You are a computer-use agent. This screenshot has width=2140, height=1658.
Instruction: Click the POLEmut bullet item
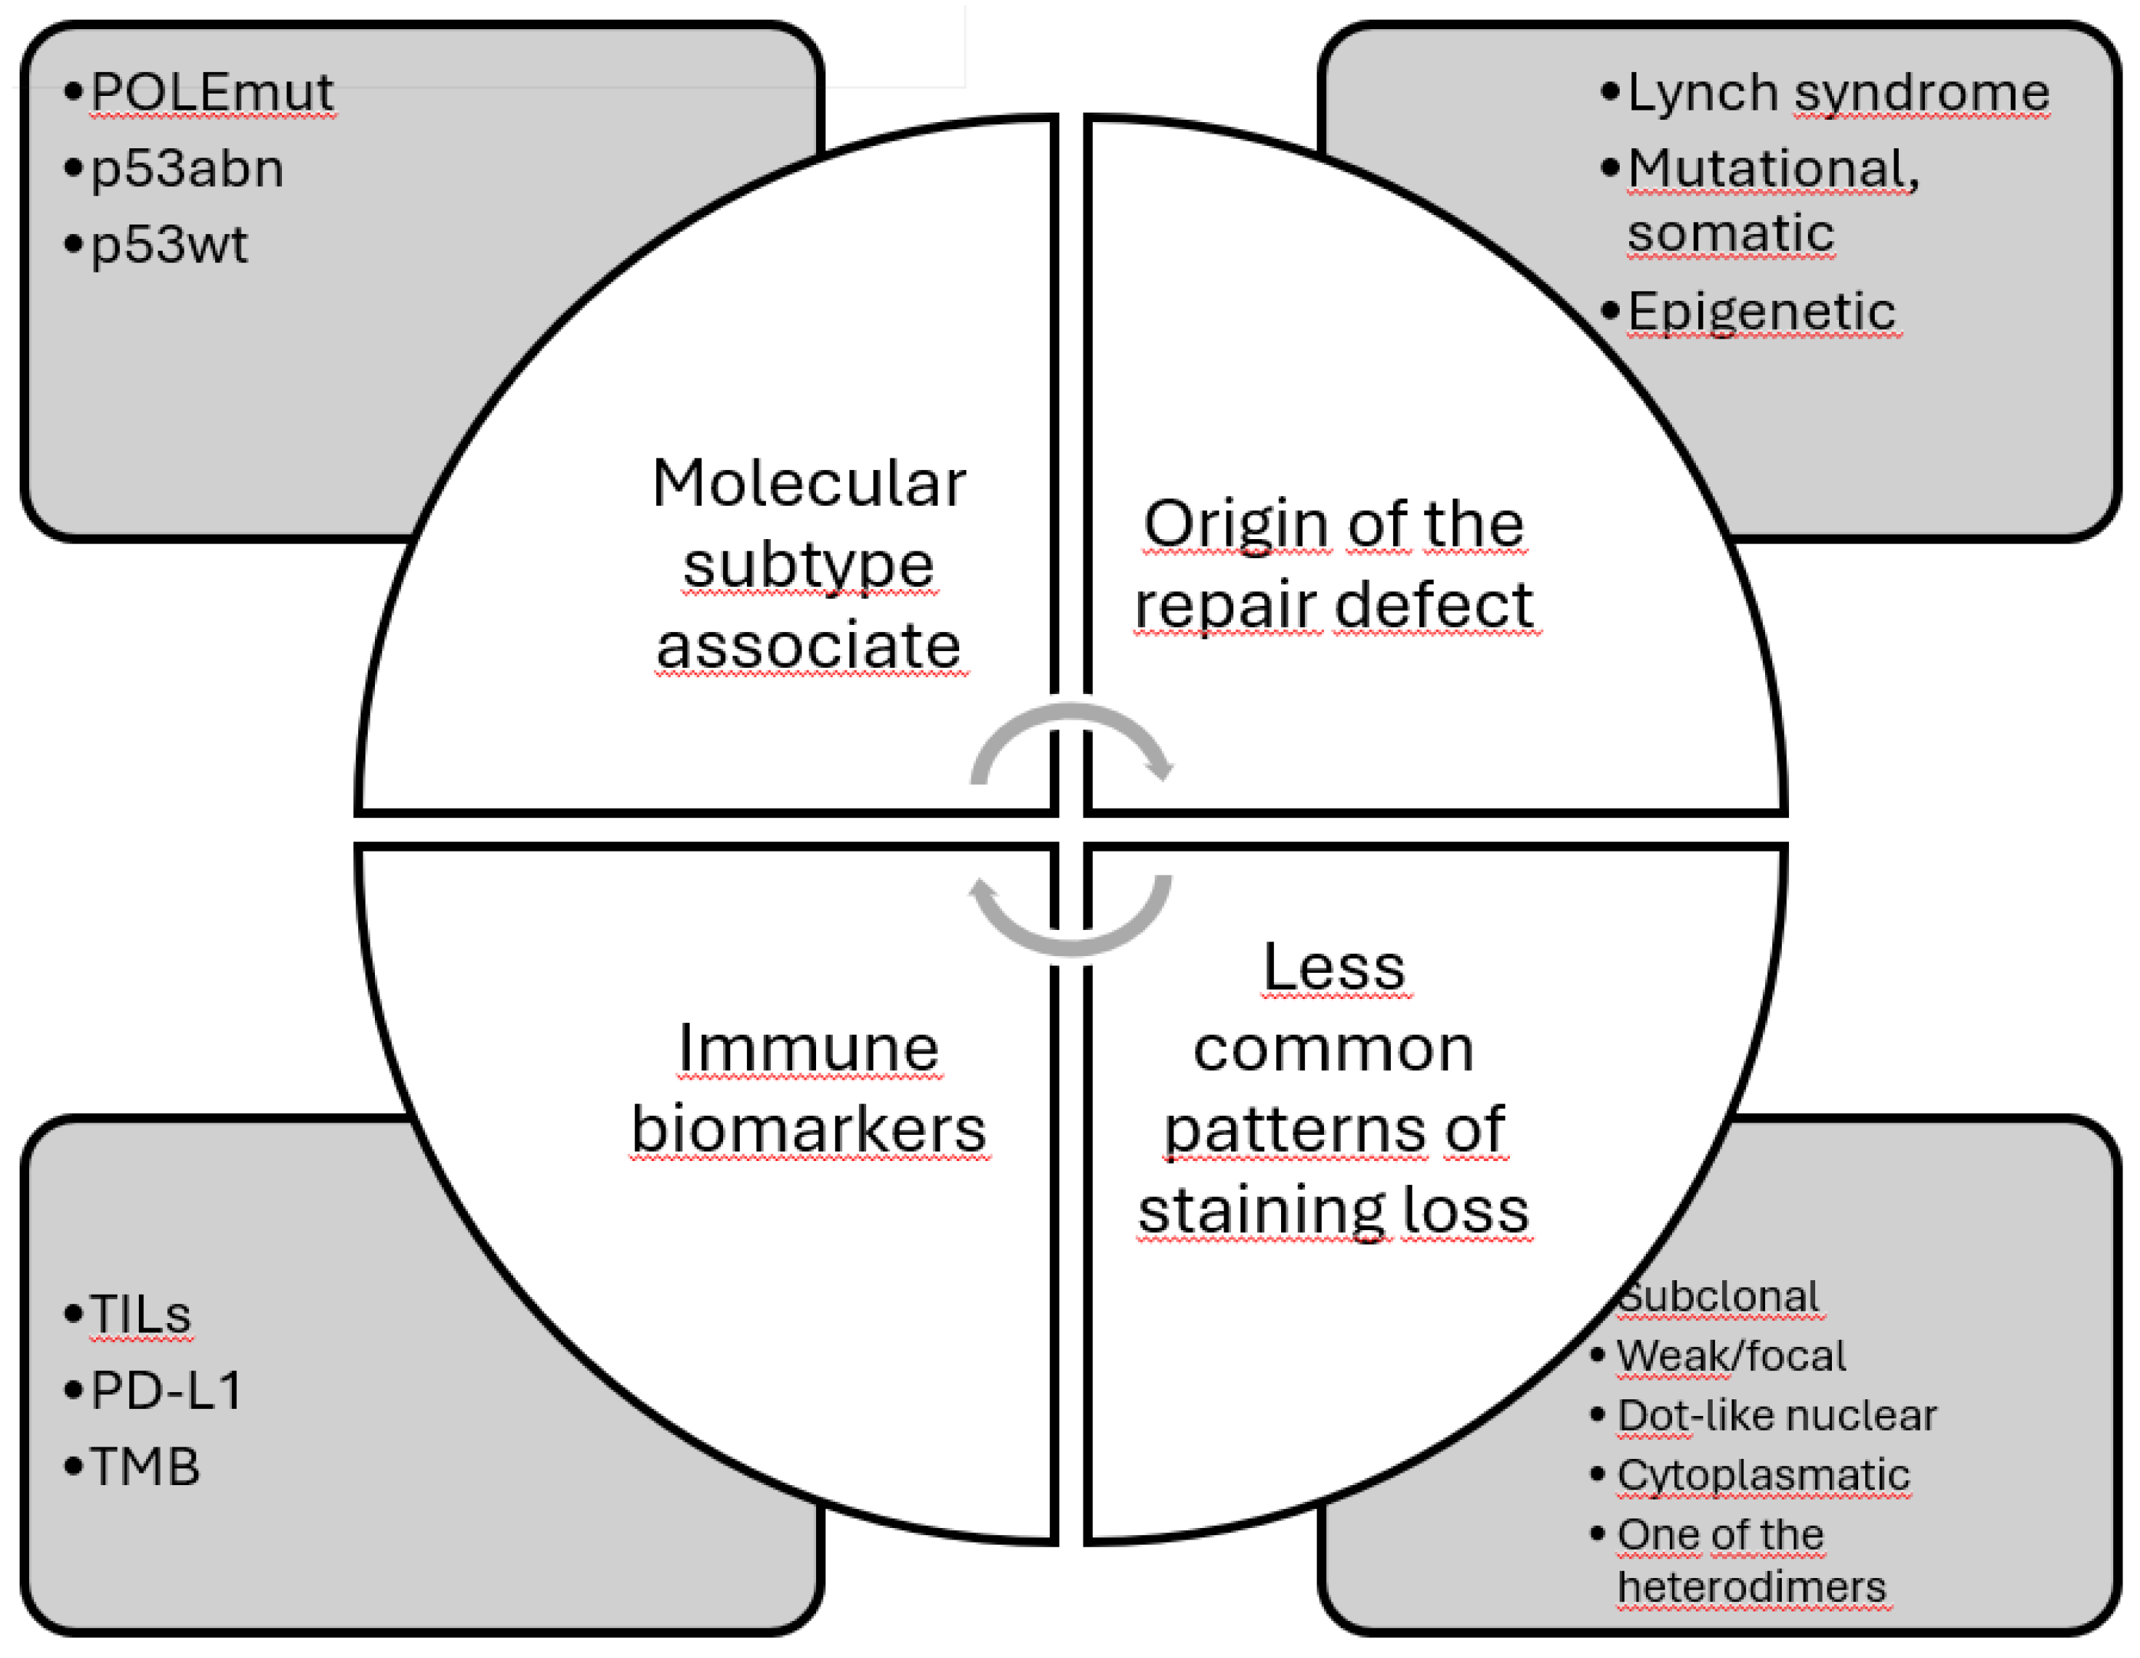211,93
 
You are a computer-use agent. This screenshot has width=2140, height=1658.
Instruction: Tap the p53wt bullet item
169,245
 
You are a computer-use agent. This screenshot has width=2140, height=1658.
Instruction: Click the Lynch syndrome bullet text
1837,93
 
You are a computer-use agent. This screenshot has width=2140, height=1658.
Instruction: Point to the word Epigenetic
1761,312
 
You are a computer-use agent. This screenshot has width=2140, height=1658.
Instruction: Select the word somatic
1730,233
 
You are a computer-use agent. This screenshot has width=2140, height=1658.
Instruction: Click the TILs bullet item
140,1314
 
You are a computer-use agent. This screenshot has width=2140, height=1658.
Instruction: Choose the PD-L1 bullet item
166,1389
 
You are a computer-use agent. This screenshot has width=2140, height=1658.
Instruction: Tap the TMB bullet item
145,1467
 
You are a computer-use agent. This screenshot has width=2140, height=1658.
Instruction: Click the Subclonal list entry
1720,1296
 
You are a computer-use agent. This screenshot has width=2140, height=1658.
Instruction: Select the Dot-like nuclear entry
1775,1415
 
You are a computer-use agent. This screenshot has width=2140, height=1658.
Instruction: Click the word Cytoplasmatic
1763,1475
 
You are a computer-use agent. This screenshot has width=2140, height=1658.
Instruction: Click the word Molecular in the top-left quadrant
808,484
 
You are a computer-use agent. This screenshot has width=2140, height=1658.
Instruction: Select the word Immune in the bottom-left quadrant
808,1048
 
